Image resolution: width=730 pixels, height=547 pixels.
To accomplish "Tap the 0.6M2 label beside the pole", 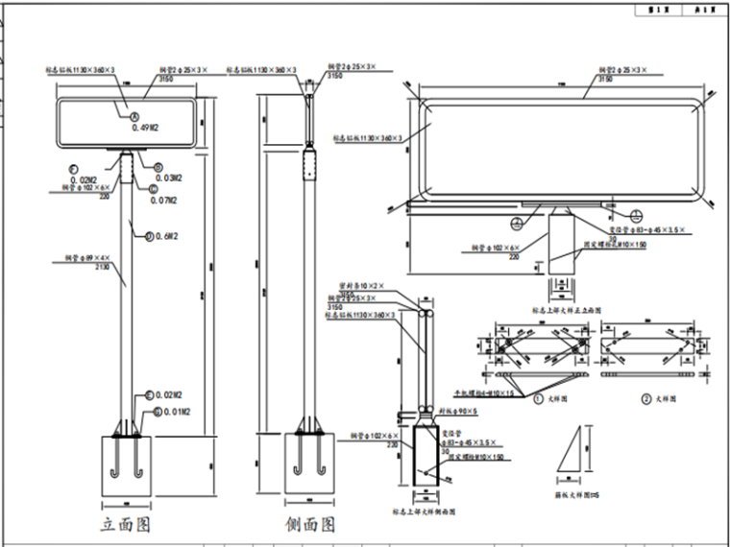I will click(x=166, y=235).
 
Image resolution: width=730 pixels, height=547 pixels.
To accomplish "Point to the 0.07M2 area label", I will click(x=166, y=200).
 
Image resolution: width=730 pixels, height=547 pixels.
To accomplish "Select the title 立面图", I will click(x=127, y=524).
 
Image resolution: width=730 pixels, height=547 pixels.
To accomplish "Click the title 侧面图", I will click(x=310, y=524).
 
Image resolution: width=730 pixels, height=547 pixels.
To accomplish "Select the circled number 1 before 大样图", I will click(x=539, y=396).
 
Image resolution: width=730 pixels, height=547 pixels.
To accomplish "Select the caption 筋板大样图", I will click(x=573, y=493).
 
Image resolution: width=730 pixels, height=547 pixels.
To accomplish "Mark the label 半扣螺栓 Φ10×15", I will click(x=486, y=392).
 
